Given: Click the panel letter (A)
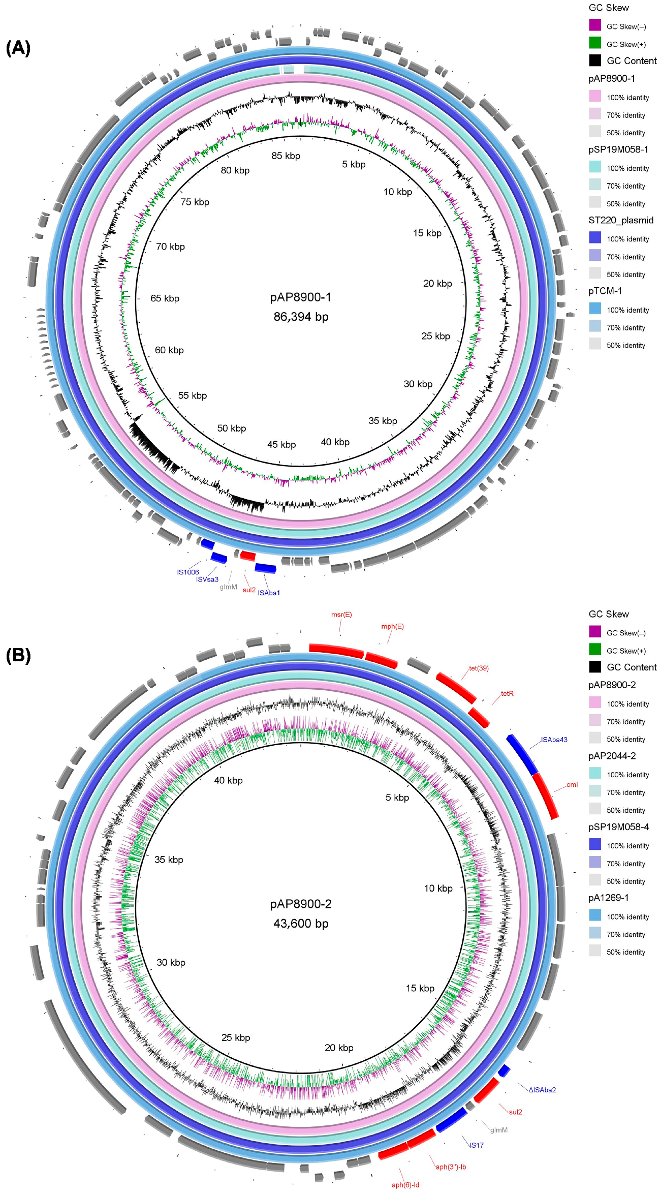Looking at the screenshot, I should pos(18,48).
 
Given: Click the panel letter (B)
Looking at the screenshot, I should pos(18,656).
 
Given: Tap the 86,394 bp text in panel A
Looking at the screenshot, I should pos(301,317).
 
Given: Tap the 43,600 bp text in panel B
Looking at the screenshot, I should pos(301,924).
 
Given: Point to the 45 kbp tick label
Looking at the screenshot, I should pos(281,444).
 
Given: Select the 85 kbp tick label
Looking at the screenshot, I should pos(286,156).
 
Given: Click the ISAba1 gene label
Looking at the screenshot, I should pos(269,593).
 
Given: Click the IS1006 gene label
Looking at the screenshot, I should pos(187,572).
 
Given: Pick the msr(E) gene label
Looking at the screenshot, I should pos(341,615).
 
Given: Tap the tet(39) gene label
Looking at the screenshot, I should pos(479,668).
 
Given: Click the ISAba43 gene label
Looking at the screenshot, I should pos(554,740).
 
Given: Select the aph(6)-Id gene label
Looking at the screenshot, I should pos(405,1185).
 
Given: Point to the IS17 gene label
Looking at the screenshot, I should pos(476,1145).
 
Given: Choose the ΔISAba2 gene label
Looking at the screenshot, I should pos(542,1090).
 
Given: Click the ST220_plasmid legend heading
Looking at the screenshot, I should pos(621,220).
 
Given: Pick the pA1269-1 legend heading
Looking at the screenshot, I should pos(608,898).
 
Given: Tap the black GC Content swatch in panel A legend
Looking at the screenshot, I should pos(595,60).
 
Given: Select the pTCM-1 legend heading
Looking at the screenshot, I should pos(605,291).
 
